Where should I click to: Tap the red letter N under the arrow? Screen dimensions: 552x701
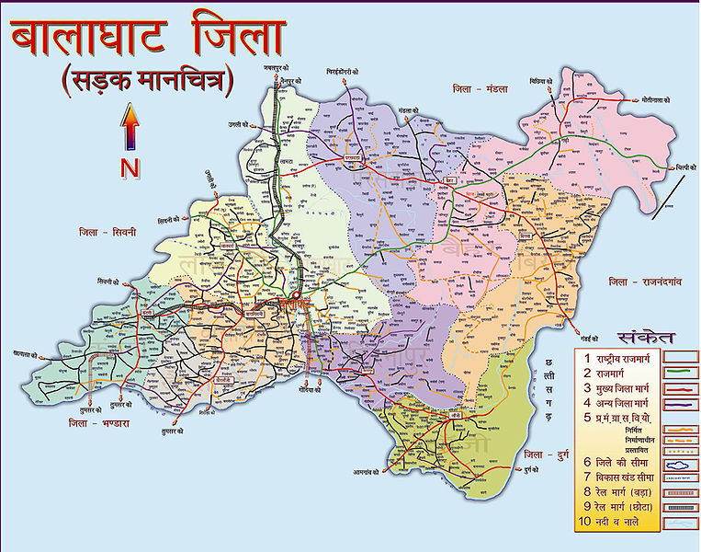tap(130, 167)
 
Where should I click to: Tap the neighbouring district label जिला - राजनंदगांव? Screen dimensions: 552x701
tap(648, 281)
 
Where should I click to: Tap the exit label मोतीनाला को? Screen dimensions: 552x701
tap(651, 100)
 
